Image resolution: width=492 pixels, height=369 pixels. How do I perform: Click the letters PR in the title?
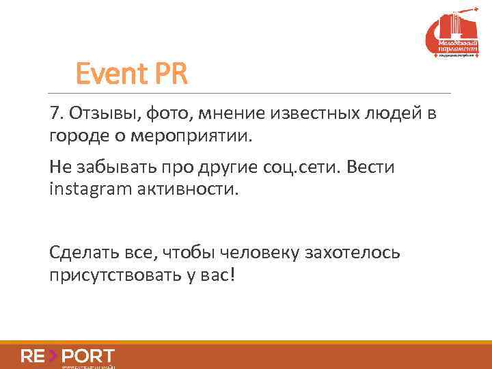[x=169, y=73]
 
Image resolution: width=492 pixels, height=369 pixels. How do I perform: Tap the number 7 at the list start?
[x=55, y=113]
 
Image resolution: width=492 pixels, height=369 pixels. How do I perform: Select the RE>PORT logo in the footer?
[x=68, y=356]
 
